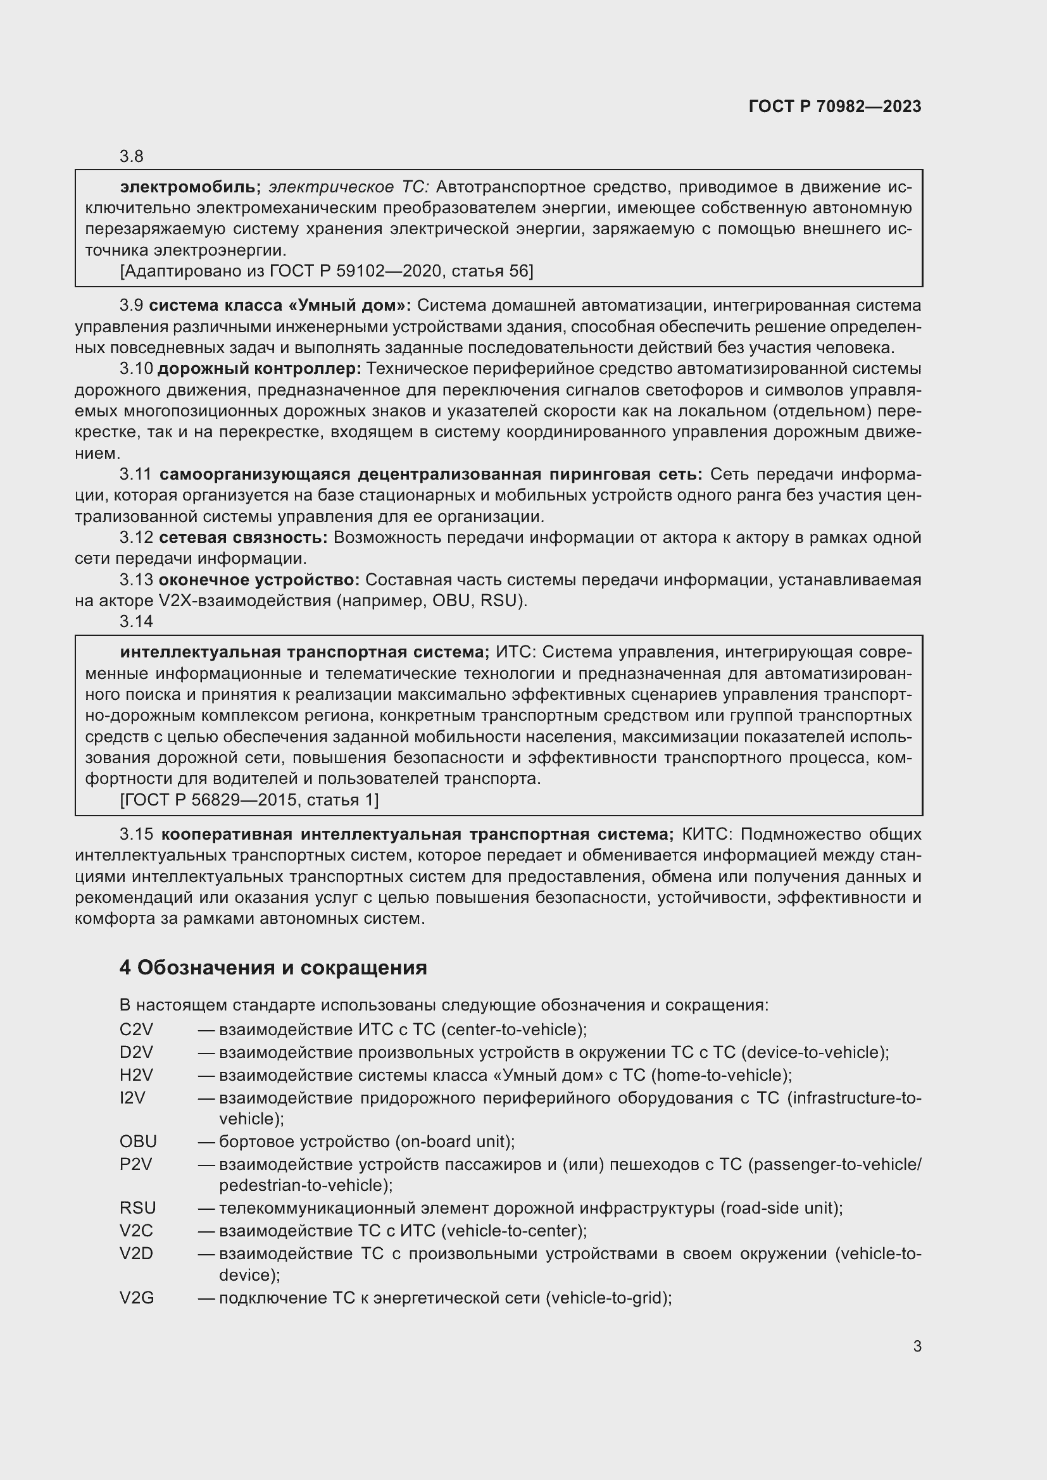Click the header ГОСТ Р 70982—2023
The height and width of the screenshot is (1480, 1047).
[834, 106]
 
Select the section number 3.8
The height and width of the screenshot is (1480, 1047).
[131, 156]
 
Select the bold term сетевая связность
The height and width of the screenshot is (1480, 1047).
[243, 538]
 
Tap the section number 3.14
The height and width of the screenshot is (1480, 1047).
[135, 621]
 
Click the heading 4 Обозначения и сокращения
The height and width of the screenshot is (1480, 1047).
[273, 967]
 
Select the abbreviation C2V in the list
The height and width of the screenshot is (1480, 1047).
[136, 1029]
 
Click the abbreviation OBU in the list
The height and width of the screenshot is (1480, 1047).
[138, 1141]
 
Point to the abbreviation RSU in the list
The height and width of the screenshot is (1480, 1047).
[137, 1208]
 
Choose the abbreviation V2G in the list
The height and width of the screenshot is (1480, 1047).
[137, 1298]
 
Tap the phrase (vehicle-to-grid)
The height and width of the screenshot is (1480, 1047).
[608, 1298]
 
